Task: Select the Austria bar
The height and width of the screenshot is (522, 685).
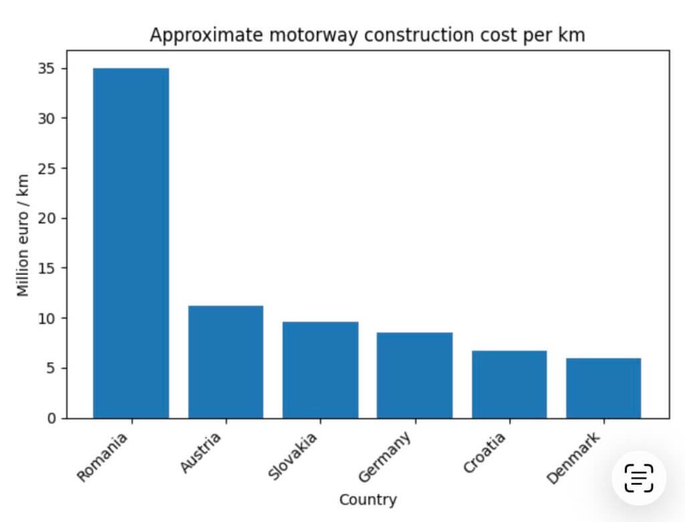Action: click(x=225, y=361)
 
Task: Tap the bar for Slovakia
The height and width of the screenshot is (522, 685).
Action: click(x=320, y=369)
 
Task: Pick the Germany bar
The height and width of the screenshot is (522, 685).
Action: click(x=415, y=375)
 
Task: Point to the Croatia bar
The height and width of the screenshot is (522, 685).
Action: click(x=509, y=384)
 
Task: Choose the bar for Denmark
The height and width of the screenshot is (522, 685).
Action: click(x=603, y=388)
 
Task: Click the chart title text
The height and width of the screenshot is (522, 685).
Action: click(x=367, y=35)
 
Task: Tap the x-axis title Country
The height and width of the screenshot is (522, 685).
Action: click(x=367, y=499)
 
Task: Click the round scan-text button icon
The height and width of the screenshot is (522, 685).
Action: click(x=639, y=478)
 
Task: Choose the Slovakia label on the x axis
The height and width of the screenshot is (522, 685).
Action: click(x=292, y=458)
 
